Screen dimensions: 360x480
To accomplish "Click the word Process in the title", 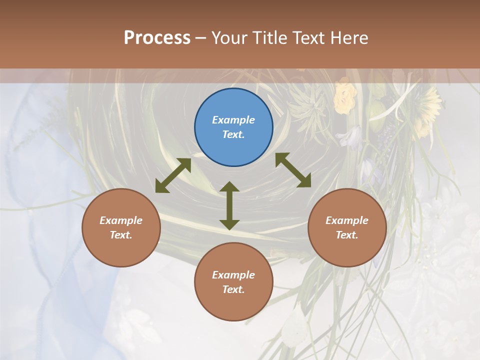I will (x=157, y=38).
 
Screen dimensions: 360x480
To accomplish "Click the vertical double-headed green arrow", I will (x=229, y=205).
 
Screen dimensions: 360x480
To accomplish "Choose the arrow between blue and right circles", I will (x=293, y=170).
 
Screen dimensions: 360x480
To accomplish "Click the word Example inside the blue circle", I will (x=233, y=120).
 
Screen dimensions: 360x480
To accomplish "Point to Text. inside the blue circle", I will (x=233, y=134).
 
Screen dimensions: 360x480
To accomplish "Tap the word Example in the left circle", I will (x=121, y=220).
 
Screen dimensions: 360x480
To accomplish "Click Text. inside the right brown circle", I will (x=347, y=235).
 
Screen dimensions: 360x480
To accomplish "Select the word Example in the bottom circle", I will (x=233, y=275).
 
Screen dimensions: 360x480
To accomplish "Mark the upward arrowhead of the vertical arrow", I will (x=229, y=187).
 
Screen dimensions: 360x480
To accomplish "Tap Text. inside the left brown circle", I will (x=121, y=235).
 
